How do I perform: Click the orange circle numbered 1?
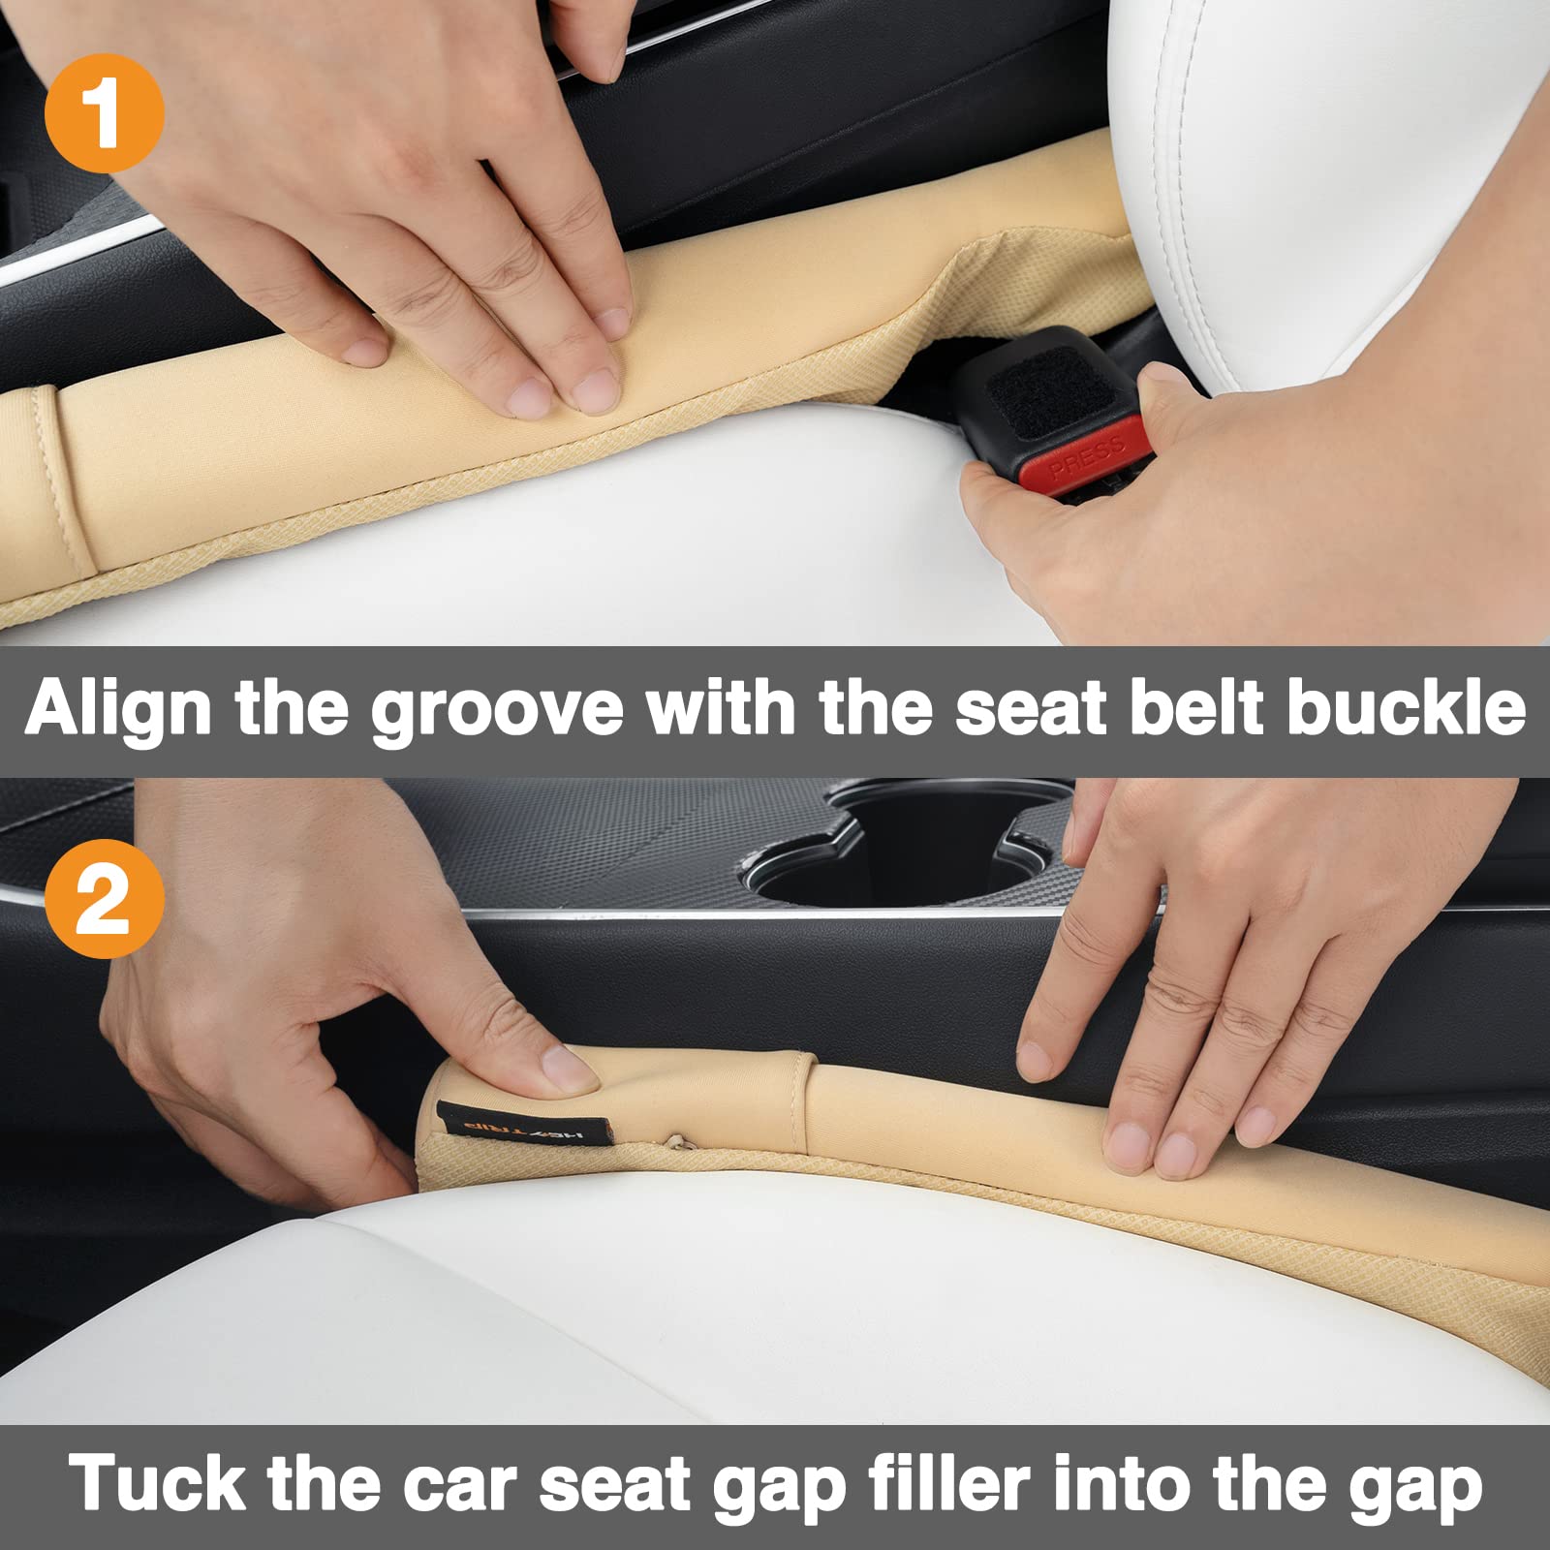coord(104,113)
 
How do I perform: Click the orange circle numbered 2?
coord(104,899)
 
